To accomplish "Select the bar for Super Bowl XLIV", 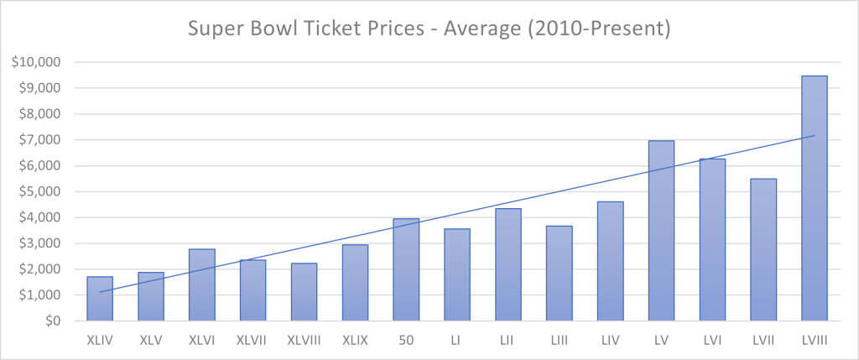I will pos(100,299).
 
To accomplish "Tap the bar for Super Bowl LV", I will pos(661,231).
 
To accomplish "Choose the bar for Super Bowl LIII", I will pos(559,274).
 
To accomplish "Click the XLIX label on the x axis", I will pos(355,339).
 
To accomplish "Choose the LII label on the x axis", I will pos(508,339).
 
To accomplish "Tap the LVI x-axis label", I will pos(711,339).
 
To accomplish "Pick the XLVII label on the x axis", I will pos(252,339).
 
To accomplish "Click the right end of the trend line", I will pos(814,136).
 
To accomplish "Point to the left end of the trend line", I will pos(100,292).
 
